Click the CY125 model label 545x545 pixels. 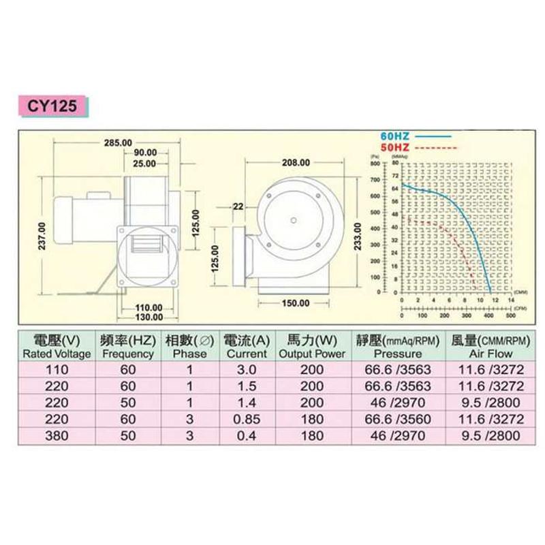coord(53,106)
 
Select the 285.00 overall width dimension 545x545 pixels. coord(118,143)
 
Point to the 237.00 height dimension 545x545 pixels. coord(42,236)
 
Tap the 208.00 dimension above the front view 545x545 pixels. coord(296,163)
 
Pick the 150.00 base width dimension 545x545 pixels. coord(295,303)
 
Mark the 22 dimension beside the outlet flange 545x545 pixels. coord(238,206)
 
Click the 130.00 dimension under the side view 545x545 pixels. coord(148,317)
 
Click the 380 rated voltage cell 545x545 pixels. coord(57,436)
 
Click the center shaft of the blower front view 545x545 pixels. coord(292,219)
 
